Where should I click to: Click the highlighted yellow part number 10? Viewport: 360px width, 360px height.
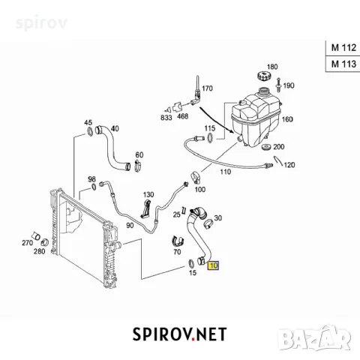(213, 265)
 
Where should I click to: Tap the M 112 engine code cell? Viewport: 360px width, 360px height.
(343, 47)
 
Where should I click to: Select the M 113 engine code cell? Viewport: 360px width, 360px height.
(343, 64)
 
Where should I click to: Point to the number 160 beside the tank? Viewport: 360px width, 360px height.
(287, 119)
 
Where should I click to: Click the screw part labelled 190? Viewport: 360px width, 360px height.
(279, 84)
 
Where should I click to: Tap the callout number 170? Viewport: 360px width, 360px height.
(207, 88)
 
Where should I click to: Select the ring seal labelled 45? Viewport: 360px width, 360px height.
(90, 131)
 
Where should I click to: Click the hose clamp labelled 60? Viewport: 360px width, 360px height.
(138, 166)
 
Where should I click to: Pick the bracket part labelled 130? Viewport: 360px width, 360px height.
(145, 208)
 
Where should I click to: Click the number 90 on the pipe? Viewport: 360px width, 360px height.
(130, 226)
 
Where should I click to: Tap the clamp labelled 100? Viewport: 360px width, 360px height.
(195, 177)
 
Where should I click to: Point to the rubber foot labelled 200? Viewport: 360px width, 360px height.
(266, 147)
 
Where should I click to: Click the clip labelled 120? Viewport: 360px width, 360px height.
(278, 160)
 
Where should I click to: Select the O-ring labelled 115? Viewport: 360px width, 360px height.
(210, 137)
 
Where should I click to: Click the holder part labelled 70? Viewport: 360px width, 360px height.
(178, 241)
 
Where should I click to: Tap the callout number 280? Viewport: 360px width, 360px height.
(39, 251)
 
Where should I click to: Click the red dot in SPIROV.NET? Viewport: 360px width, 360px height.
(193, 339)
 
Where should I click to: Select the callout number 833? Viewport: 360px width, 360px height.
(166, 117)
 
